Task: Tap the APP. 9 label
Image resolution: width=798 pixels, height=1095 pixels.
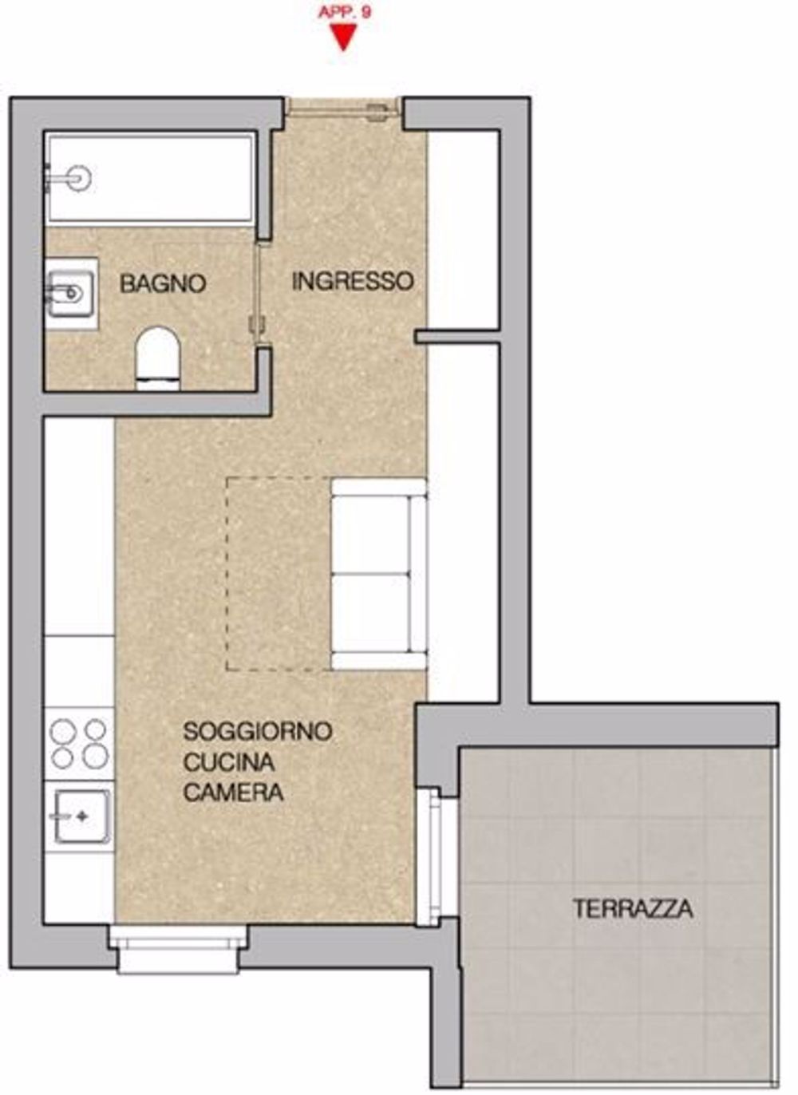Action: point(345,12)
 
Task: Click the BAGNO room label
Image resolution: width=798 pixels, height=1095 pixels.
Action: point(164,283)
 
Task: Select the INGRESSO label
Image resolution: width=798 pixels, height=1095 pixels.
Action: point(353,281)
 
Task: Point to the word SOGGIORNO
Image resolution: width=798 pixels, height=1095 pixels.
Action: point(258,731)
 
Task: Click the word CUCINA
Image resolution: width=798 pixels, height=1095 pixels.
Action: point(228,762)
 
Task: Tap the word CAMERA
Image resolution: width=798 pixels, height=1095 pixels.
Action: point(233,792)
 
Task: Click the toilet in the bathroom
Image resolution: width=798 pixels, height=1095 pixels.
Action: point(157,358)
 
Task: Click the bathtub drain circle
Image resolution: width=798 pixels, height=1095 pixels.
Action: point(78,179)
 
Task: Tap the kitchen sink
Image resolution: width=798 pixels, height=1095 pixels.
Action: point(81,816)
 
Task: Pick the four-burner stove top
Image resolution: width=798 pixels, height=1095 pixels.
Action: point(79,744)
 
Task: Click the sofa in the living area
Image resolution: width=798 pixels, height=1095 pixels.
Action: point(379,573)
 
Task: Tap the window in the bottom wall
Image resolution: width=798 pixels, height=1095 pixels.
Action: point(179,950)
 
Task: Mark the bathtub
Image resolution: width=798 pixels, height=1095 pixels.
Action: point(151,179)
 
